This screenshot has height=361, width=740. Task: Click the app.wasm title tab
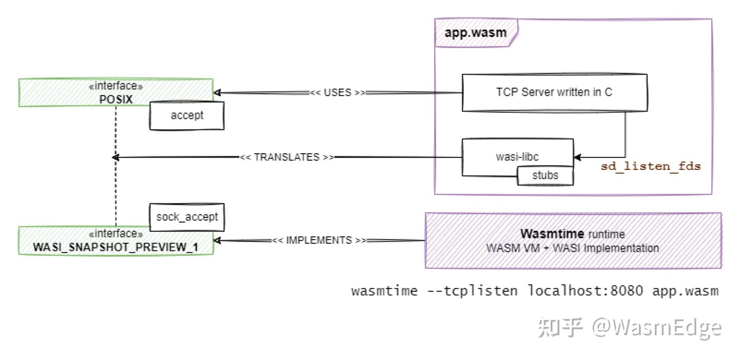475,33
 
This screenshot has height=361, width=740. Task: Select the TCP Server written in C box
554,92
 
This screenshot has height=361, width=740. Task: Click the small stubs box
545,175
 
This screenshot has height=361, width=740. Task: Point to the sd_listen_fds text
650,166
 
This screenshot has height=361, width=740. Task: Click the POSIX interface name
116,99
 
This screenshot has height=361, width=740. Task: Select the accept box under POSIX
187,115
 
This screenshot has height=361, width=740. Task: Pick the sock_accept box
187,217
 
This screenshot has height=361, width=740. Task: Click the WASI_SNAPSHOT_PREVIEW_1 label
115,247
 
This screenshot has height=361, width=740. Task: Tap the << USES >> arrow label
337,92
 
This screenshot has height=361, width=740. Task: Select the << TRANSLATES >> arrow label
286,157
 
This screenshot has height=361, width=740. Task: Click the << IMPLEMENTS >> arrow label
319,240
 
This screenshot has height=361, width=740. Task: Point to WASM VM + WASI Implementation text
572,248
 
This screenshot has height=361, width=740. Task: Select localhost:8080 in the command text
585,291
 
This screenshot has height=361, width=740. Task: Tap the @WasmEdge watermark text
657,328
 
